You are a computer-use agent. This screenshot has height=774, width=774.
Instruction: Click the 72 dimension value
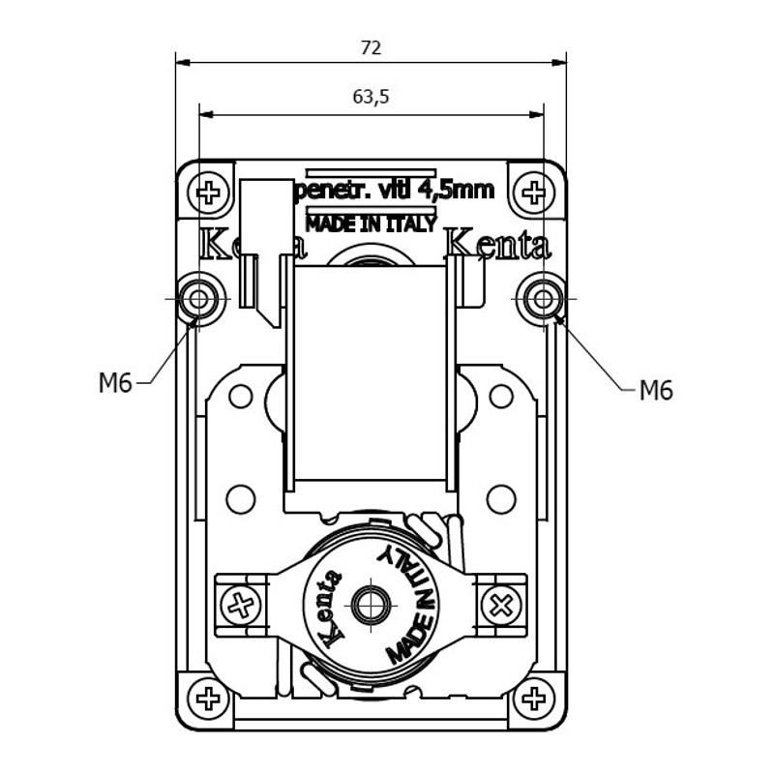tap(371, 47)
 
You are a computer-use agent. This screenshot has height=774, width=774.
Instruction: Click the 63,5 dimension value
tap(371, 97)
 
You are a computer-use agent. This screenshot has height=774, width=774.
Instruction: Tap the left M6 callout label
tap(114, 383)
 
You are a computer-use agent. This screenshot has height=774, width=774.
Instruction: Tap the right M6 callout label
tap(655, 391)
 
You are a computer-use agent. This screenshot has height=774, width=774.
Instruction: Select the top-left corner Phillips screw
tap(208, 192)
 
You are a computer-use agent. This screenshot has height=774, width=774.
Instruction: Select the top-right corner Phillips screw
tap(533, 192)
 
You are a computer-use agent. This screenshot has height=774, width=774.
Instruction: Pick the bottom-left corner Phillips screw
tap(208, 698)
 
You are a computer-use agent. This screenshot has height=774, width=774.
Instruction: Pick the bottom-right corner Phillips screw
tap(533, 698)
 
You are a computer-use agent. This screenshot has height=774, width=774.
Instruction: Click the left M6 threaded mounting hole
tap(199, 299)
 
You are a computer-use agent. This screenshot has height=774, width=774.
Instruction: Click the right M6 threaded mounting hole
tap(542, 299)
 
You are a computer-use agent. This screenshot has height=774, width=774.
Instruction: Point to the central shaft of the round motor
tap(371, 607)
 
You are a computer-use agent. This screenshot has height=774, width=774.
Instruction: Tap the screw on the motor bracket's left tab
tap(240, 607)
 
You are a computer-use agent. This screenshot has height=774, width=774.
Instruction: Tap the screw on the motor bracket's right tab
tap(501, 607)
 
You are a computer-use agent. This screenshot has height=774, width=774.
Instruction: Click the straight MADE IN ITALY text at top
tap(371, 223)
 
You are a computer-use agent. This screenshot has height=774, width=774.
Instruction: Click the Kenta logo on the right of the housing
tap(498, 245)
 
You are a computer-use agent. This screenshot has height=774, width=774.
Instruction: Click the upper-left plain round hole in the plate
tap(240, 396)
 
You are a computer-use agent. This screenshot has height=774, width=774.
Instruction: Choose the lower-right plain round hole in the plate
tap(500, 499)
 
